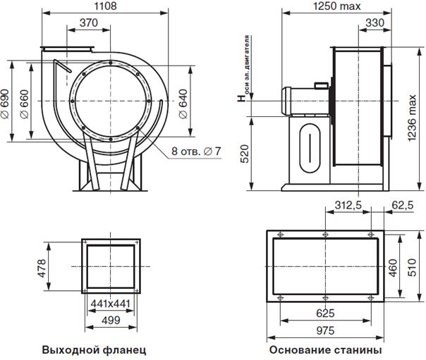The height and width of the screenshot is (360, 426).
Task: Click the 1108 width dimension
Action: pyautogui.click(x=105, y=6)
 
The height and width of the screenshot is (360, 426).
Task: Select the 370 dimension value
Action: pyautogui.click(x=89, y=23)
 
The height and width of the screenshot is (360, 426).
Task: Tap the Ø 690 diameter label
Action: pyautogui.click(x=5, y=104)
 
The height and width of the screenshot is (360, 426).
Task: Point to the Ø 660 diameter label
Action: pyautogui.click(x=24, y=104)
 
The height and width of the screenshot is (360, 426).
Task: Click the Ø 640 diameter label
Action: pyautogui.click(x=183, y=104)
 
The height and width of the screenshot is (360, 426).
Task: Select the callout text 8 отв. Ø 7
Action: pyautogui.click(x=196, y=151)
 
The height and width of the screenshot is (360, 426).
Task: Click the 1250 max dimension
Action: pyautogui.click(x=337, y=6)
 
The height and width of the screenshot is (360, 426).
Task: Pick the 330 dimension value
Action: pyautogui.click(x=375, y=23)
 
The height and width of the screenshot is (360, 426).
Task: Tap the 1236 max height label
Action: pyautogui.click(x=412, y=118)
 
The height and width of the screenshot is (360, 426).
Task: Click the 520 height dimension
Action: pyautogui.click(x=245, y=154)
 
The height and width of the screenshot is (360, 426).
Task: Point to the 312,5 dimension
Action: pyautogui.click(x=348, y=205)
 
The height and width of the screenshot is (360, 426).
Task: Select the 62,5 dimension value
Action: pyautogui.click(x=403, y=205)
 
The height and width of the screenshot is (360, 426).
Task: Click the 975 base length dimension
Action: pyautogui.click(x=325, y=330)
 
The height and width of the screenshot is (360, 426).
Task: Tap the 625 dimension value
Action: pyautogui.click(x=325, y=314)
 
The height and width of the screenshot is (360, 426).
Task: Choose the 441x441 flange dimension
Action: pyautogui.click(x=111, y=304)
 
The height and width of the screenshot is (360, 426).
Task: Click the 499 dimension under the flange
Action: pyautogui.click(x=111, y=321)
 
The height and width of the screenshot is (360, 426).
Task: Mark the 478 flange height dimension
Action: pyautogui.click(x=42, y=268)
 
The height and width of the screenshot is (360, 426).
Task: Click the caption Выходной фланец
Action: pyautogui.click(x=94, y=350)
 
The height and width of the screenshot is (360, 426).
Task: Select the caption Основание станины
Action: pyautogui.click(x=325, y=350)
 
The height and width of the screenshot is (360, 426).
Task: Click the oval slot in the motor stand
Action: pyautogui.click(x=310, y=148)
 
